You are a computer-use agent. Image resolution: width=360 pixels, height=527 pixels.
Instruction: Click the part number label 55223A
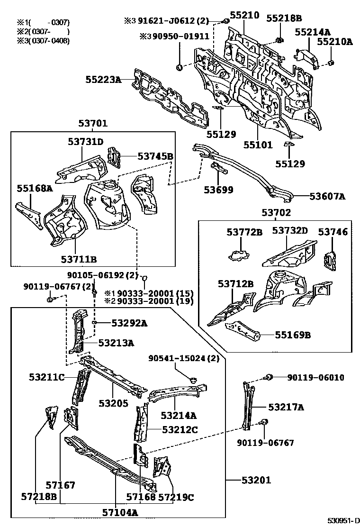[103, 80]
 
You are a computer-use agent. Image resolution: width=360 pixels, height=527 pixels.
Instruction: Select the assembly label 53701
[93, 124]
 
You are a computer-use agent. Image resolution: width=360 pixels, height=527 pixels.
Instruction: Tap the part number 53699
[219, 190]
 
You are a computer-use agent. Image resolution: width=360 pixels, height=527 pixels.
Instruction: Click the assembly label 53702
[275, 213]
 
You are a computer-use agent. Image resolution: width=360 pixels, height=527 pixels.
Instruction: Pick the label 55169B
[293, 335]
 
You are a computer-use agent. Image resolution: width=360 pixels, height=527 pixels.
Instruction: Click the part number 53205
[114, 403]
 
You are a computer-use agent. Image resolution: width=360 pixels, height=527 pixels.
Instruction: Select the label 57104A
[120, 512]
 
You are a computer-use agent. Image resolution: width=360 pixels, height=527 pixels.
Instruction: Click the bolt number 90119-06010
[315, 377]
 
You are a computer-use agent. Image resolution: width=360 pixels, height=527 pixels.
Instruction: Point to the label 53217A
[286, 407]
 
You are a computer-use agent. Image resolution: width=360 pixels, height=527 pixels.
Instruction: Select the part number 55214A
[313, 32]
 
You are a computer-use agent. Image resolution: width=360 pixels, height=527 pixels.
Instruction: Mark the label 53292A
[129, 323]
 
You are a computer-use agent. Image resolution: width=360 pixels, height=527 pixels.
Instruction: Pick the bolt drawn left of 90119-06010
[268, 377]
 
